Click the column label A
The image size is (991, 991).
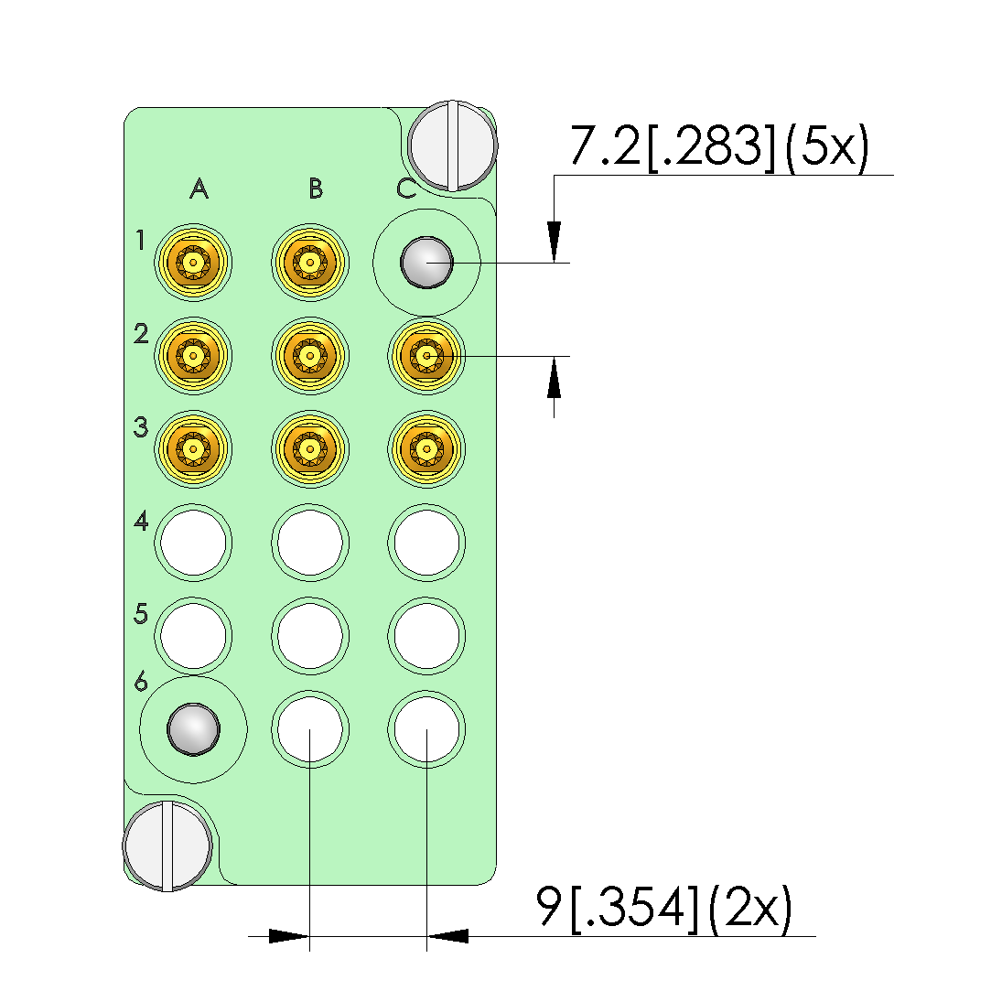pyautogui.click(x=199, y=189)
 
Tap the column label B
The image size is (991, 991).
pyautogui.click(x=316, y=189)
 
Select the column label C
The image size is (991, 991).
pyautogui.click(x=406, y=189)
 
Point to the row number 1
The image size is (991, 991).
pyautogui.click(x=140, y=240)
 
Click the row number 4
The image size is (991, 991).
pyautogui.click(x=141, y=522)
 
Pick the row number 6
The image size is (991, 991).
pyautogui.click(x=141, y=682)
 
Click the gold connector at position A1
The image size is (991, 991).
pyautogui.click(x=193, y=263)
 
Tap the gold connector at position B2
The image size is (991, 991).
pyautogui.click(x=309, y=356)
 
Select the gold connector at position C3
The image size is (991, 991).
pyautogui.click(x=426, y=449)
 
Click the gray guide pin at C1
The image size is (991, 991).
pyautogui.click(x=426, y=263)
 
